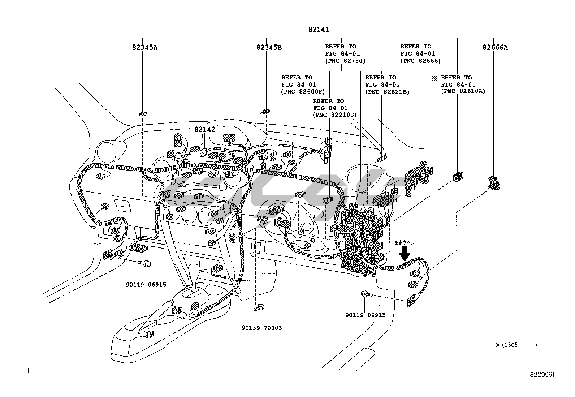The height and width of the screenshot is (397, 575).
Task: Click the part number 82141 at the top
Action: coord(319,30)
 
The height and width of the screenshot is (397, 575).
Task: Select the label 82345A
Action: coord(144,47)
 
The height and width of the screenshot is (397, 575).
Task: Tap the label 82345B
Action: coord(269,47)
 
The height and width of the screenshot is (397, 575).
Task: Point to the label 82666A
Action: coord(495,47)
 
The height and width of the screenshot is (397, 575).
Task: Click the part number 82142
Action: coord(205,129)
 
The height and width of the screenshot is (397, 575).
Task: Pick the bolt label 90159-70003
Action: coord(262,328)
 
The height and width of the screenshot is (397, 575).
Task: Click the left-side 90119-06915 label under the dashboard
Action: coord(146,285)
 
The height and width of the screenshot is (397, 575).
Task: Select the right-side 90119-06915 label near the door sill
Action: coord(365,315)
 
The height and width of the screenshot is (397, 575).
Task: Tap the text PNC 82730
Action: coord(345,61)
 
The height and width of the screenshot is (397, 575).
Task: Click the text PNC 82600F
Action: coord(303,92)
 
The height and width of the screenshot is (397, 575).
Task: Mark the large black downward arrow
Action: coord(405,253)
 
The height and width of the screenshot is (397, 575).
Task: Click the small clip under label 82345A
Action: coord(143,114)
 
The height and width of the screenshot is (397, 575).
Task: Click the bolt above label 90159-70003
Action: coord(258,308)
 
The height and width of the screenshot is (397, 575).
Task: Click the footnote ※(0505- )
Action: coord(516,345)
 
